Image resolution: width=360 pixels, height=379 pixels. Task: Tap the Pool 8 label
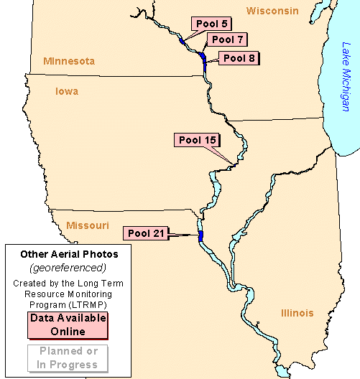[x=239, y=58]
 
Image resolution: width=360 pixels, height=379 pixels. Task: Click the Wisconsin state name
[x=272, y=10]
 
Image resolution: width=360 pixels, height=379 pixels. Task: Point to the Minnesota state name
[x=69, y=61]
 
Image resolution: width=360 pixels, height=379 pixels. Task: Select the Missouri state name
[x=88, y=225]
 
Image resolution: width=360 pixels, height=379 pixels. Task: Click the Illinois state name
[x=297, y=313]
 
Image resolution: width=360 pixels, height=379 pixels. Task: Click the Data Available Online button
[x=68, y=324]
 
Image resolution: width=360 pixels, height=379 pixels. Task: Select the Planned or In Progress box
[x=68, y=357]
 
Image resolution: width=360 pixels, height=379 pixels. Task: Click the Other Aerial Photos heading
[x=68, y=254]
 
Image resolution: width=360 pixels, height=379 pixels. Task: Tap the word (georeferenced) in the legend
[x=68, y=268]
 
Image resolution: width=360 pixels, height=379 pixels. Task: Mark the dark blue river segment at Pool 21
[x=201, y=235]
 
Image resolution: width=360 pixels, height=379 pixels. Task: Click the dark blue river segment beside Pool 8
[x=205, y=61]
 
